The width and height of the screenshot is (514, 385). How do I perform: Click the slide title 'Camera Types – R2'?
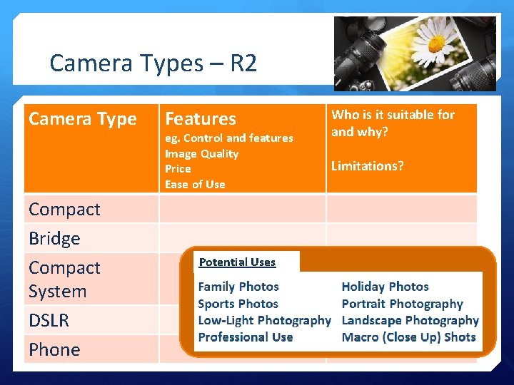pos(153,64)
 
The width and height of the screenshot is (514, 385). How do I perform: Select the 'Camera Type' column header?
pos(82,119)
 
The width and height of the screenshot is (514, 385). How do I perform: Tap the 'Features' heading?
pos(200,119)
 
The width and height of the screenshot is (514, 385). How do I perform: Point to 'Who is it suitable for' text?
pos(393,115)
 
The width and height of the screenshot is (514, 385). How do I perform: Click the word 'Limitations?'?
pos(367,166)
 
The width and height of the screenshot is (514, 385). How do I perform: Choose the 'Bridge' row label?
pos(54,239)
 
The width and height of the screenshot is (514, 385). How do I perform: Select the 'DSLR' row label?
pos(49,321)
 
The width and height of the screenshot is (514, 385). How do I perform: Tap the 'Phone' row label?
pos(54,350)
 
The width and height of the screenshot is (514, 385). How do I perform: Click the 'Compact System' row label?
pos(64,279)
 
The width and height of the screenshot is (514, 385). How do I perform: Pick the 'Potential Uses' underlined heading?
pos(237,262)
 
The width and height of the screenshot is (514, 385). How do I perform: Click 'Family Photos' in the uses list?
pos(238,287)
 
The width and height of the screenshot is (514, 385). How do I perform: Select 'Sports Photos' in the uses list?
pos(238,304)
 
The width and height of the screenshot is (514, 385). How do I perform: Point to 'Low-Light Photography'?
pos(264,321)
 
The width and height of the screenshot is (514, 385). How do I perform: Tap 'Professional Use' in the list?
pos(246,337)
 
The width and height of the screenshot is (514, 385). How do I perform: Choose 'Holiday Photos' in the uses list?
pos(385,287)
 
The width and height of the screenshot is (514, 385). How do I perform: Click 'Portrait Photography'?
pos(402,304)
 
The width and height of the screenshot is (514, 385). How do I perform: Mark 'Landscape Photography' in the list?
pos(410,321)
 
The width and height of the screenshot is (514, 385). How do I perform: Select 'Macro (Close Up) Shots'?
pos(408,337)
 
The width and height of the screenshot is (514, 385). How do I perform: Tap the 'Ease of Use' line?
pos(195,185)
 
